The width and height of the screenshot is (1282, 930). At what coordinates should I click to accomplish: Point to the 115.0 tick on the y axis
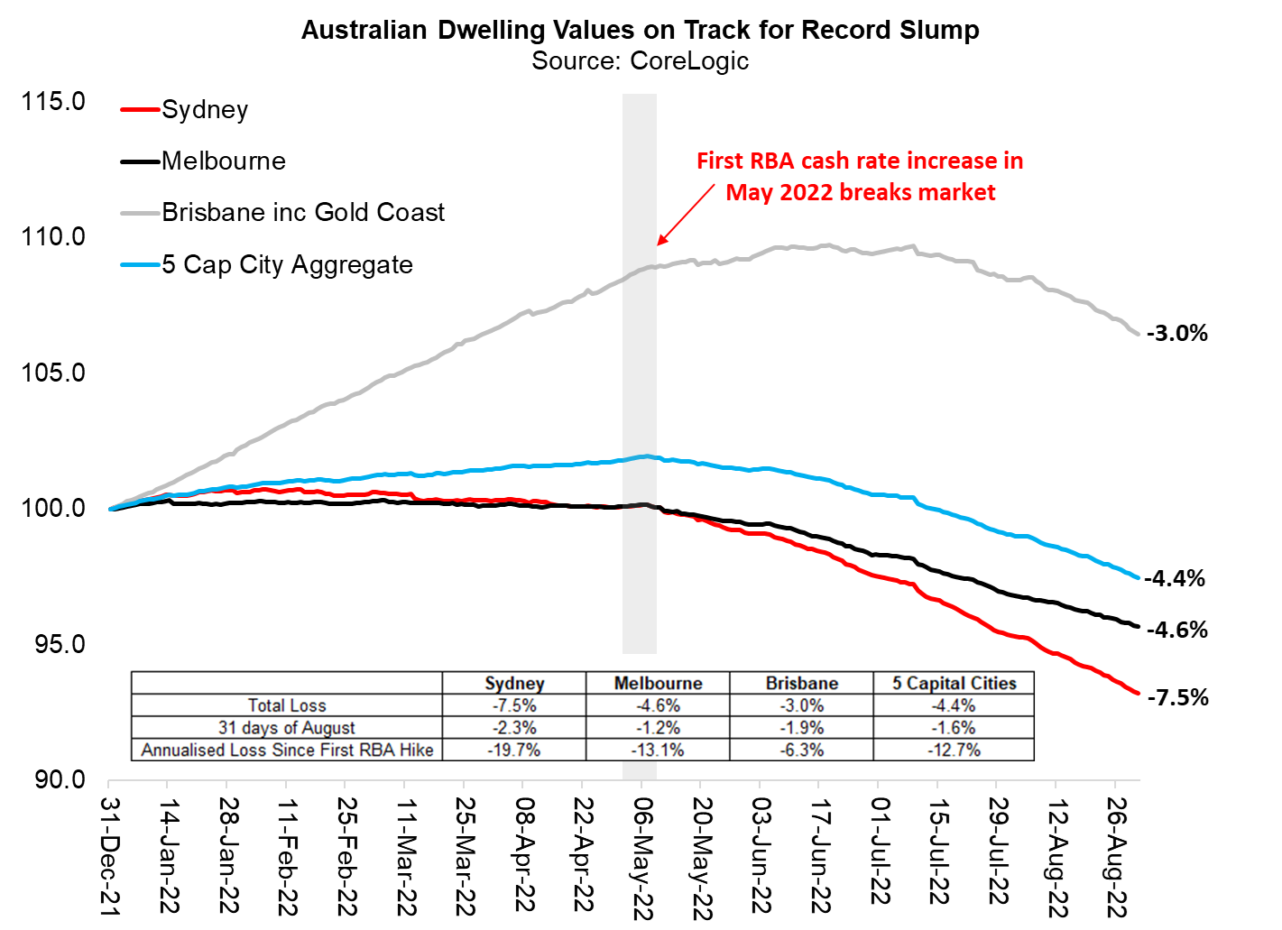coord(53,101)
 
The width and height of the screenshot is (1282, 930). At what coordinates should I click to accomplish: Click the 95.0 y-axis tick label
coord(53,644)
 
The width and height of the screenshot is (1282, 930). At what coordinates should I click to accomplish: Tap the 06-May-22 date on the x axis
coord(641,858)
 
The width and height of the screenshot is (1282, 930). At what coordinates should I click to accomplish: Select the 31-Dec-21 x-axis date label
coord(109,858)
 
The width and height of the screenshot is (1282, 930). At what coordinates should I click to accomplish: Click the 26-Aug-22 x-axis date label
coord(1116,858)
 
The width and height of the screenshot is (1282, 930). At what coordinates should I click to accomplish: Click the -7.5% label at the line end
coord(1177,697)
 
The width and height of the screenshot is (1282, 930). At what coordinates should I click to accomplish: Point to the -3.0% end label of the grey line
coord(1176,334)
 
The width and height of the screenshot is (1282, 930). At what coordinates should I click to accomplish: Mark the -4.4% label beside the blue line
coord(1175,579)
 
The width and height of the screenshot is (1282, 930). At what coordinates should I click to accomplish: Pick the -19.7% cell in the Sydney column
coord(514,750)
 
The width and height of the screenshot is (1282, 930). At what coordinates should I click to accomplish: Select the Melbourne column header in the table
coord(658,683)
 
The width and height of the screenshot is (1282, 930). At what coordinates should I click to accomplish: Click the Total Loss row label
coord(287,705)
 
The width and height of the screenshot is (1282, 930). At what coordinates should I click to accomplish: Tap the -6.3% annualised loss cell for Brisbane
coord(801,750)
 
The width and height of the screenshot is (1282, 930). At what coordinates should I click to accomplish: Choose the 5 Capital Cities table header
coord(954,683)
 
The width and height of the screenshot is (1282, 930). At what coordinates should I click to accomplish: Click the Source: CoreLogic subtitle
coord(640,60)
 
